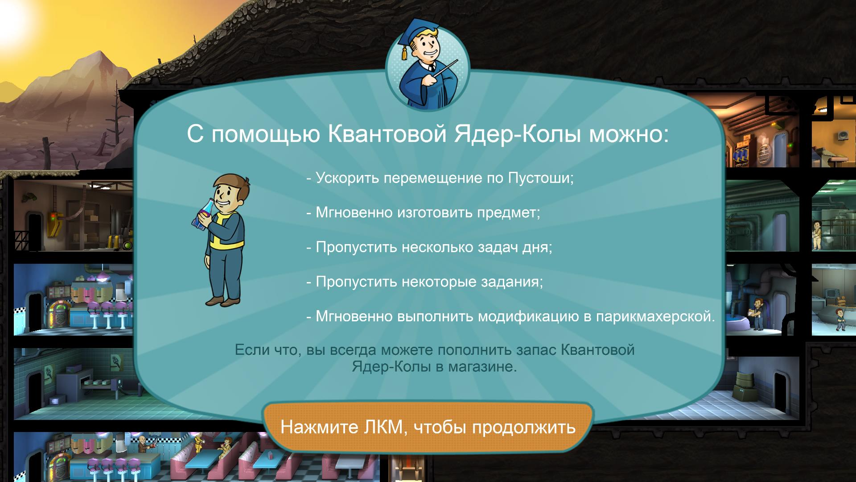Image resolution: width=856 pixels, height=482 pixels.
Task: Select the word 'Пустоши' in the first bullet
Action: (541, 178)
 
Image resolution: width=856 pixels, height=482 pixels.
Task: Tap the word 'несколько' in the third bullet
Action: (431, 247)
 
